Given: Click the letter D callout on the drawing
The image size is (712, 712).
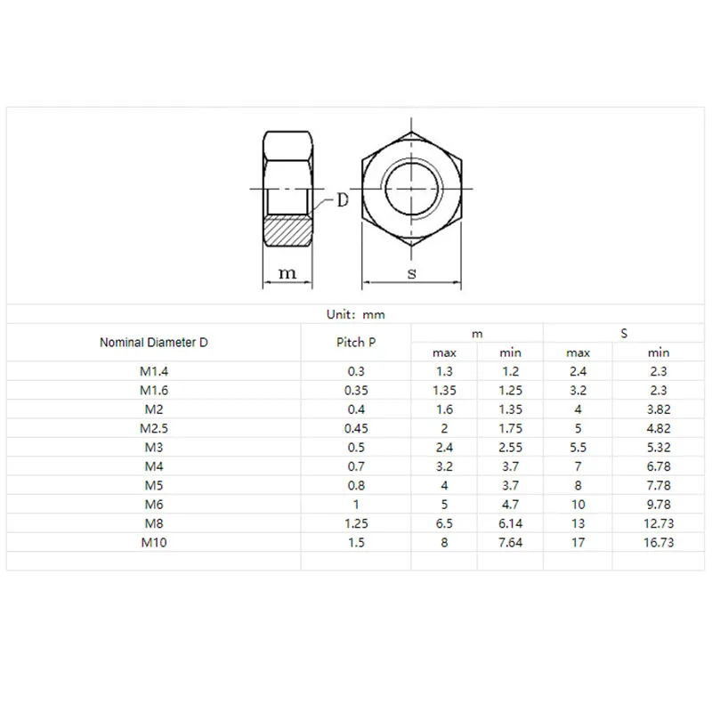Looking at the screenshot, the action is pyautogui.click(x=343, y=199).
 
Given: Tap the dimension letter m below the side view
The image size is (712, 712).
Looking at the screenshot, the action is pyautogui.click(x=287, y=273).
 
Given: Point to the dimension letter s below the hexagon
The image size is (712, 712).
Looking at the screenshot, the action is pyautogui.click(x=412, y=273).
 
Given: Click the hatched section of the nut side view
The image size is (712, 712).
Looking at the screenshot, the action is pyautogui.click(x=287, y=231).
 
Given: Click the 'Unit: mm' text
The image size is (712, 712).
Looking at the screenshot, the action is pyautogui.click(x=355, y=314).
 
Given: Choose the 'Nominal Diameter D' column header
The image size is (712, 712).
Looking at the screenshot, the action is pyautogui.click(x=153, y=343).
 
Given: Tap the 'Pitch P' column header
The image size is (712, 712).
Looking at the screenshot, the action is pyautogui.click(x=356, y=343).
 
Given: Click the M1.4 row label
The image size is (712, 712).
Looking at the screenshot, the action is pyautogui.click(x=153, y=371).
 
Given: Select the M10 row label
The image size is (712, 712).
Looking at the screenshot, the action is pyautogui.click(x=153, y=543).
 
